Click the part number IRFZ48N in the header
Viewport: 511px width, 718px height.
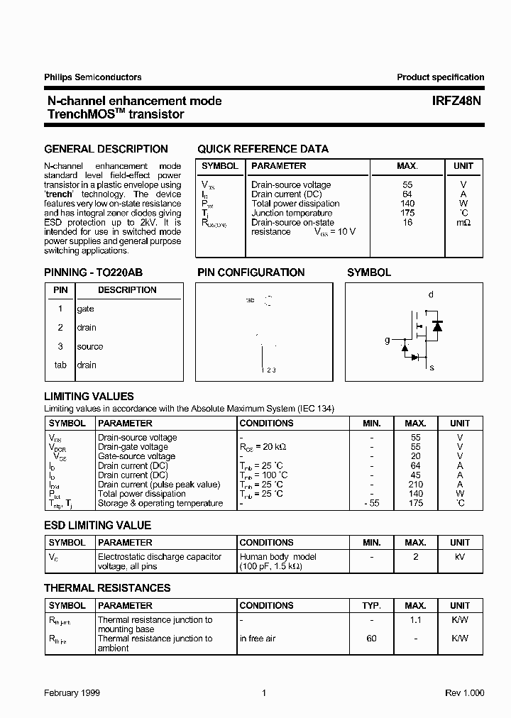[456, 101]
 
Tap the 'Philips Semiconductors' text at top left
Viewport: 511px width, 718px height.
[92, 77]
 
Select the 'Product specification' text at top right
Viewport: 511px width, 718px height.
[440, 77]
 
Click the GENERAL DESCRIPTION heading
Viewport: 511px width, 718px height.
[106, 149]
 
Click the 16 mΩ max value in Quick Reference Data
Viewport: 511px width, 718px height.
[407, 223]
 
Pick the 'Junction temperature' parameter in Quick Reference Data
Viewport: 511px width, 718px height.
[292, 213]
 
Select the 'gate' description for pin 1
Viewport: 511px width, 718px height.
[85, 309]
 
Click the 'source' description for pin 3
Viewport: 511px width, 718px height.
[90, 346]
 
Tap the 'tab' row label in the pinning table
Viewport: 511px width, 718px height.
[60, 365]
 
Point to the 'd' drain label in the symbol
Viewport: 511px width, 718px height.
[431, 294]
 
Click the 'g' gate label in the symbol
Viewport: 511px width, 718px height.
[388, 341]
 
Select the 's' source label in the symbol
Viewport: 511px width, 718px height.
[432, 368]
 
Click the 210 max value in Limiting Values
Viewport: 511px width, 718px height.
[416, 485]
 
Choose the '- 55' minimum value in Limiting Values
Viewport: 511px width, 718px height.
[371, 503]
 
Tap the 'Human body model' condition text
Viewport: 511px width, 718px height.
[278, 557]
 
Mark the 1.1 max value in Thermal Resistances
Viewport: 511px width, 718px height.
[416, 619]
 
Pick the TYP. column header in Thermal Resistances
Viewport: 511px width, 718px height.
[371, 606]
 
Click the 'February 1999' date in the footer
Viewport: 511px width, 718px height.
[72, 692]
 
